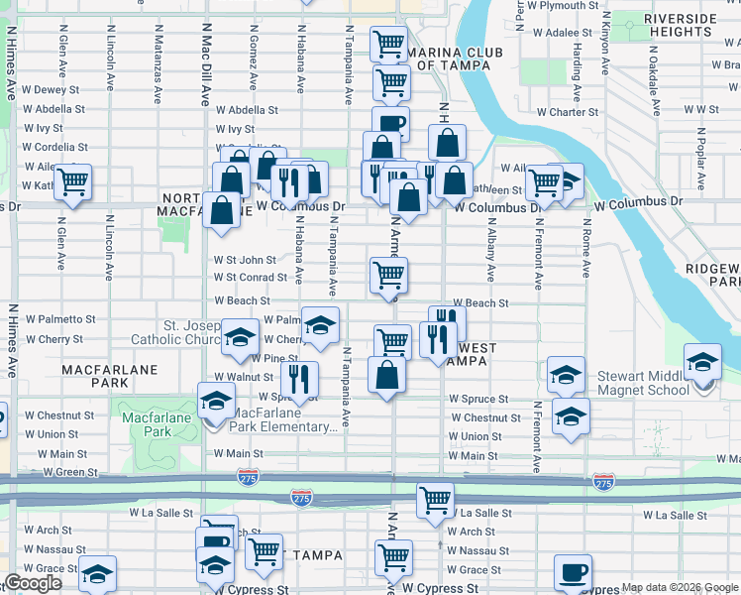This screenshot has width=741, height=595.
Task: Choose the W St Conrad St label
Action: click(251, 278)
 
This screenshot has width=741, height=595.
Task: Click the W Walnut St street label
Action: click(243, 377)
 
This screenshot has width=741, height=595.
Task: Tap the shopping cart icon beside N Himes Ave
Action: click(72, 181)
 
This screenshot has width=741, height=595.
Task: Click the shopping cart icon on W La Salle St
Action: click(435, 500)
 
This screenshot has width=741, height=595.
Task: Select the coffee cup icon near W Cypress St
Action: click(573, 573)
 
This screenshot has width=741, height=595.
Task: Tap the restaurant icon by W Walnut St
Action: click(298, 378)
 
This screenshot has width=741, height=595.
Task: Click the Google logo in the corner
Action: click(32, 584)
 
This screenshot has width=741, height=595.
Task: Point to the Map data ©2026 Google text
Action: click(679, 588)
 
